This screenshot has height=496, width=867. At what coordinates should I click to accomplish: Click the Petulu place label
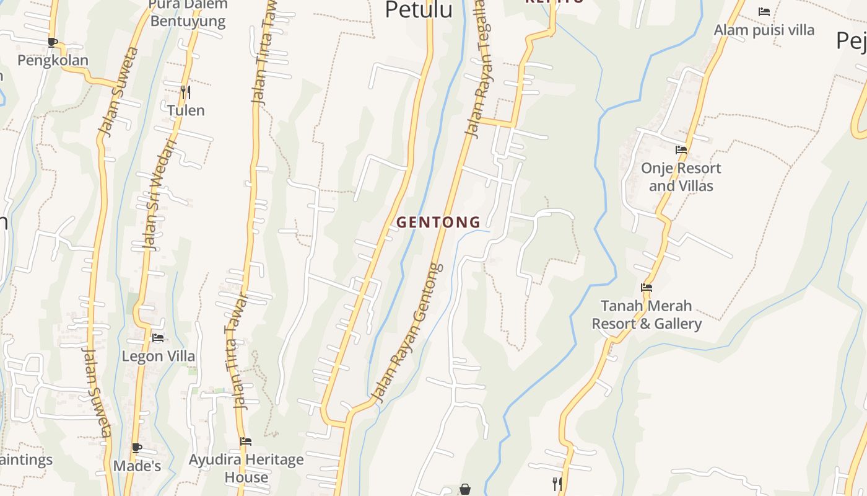(x=419, y=9)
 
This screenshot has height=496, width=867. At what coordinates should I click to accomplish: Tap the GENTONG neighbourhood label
(x=438, y=222)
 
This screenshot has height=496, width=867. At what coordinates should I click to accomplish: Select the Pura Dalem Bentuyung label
(x=188, y=12)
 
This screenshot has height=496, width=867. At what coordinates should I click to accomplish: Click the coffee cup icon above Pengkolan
(x=53, y=42)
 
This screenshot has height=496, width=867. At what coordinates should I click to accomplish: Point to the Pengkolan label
(x=53, y=60)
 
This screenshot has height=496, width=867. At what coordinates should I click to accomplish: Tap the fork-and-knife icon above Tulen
(x=185, y=92)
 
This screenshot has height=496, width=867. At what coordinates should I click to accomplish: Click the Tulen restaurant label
(x=186, y=110)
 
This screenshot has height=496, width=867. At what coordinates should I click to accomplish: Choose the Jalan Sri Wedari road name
(x=159, y=195)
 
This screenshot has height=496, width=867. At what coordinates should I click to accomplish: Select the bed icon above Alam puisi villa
(x=764, y=12)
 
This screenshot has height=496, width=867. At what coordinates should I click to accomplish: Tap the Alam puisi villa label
(x=764, y=30)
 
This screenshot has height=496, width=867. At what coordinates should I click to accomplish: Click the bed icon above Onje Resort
(x=681, y=150)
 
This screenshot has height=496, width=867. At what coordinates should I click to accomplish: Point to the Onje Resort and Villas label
(x=681, y=177)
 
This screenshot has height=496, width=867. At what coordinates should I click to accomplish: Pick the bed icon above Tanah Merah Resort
(x=647, y=288)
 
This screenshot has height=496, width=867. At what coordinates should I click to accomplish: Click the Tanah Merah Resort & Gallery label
(x=647, y=314)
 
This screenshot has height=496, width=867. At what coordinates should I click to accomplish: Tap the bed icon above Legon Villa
(x=158, y=338)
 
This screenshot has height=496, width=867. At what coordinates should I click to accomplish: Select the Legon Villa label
(x=159, y=356)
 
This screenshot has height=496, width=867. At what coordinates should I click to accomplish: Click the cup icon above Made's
(x=136, y=448)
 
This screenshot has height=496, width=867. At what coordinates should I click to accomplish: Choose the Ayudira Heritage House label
(x=246, y=468)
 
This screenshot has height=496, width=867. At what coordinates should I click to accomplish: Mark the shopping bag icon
(x=465, y=490)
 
